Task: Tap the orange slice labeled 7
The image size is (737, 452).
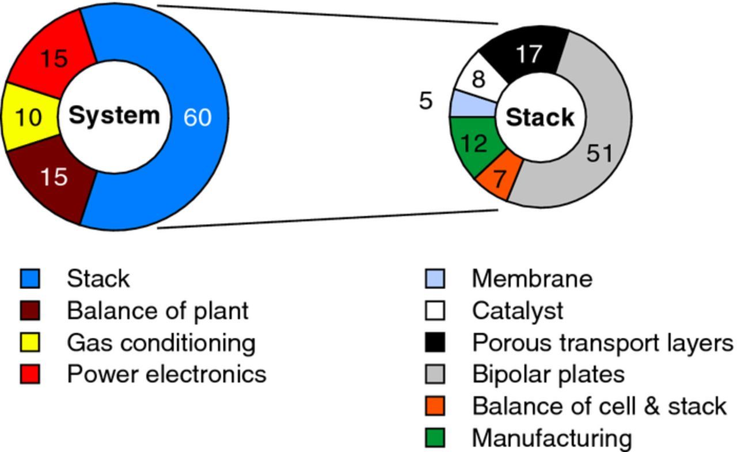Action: pyautogui.click(x=499, y=178)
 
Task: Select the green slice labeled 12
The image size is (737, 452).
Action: pyautogui.click(x=474, y=144)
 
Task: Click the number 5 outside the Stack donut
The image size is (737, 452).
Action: pyautogui.click(x=426, y=101)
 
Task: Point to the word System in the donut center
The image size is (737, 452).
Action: pyautogui.click(x=114, y=115)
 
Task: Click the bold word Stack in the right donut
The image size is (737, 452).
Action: pyautogui.click(x=540, y=118)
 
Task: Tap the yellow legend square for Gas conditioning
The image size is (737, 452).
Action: pyautogui.click(x=30, y=342)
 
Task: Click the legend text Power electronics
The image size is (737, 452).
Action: pyautogui.click(x=166, y=374)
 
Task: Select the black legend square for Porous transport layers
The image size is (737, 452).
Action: pyautogui.click(x=435, y=342)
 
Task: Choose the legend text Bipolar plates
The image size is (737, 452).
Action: pyautogui.click(x=548, y=374)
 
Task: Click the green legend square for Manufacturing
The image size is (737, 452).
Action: pyautogui.click(x=435, y=438)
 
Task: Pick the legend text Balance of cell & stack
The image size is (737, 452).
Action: pyautogui.click(x=599, y=406)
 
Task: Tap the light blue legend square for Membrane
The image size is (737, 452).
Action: pyautogui.click(x=435, y=279)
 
